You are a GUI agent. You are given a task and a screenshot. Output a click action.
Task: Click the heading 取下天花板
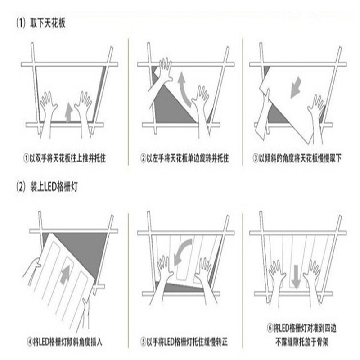point(48,23)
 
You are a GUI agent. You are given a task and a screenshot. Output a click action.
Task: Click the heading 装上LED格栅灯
point(54,187)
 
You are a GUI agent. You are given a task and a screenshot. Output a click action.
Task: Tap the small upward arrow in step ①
point(69,112)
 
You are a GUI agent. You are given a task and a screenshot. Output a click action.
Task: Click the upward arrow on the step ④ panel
point(65,274)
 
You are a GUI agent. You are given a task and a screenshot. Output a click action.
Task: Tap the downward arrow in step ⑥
point(296,277)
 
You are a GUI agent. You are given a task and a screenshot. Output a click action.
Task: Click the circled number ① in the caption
point(27,158)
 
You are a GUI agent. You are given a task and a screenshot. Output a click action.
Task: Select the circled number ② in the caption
point(143,158)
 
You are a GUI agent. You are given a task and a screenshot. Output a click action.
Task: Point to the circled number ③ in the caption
point(256,158)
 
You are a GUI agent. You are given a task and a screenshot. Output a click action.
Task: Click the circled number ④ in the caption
point(30,342)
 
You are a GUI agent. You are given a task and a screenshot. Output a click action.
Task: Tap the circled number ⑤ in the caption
point(143,342)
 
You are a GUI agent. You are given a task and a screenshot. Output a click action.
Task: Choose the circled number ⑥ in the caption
point(270,328)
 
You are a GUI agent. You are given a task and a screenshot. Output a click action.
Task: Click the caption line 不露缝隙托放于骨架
point(302,342)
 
